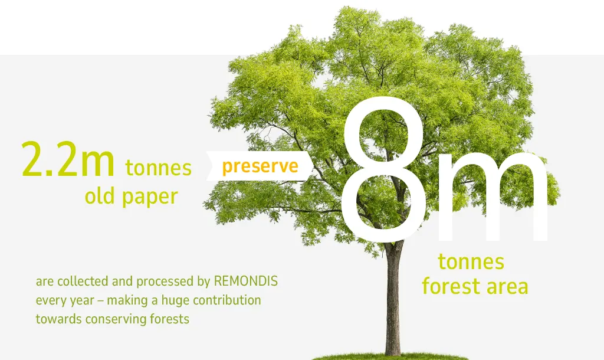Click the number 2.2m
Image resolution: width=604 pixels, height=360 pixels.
68,159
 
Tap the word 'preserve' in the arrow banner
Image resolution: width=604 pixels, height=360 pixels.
260,166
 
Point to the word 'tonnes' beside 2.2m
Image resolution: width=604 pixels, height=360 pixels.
158,168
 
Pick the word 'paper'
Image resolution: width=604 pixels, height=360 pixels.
150,197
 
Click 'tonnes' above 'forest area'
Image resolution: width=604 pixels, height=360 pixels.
471,261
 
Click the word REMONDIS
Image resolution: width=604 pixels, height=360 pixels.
246,281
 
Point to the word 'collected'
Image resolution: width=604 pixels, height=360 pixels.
83,281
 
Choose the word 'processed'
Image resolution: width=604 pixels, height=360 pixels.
165,282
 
